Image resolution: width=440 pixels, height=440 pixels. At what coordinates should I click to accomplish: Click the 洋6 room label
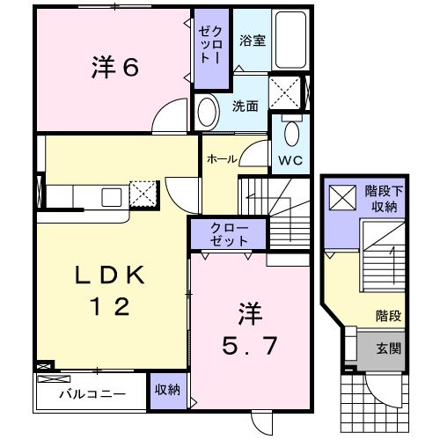click(x=115, y=69)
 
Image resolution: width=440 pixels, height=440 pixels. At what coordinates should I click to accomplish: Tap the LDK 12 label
click(x=111, y=291)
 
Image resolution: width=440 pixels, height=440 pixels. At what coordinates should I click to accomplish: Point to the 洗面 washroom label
click(x=246, y=106)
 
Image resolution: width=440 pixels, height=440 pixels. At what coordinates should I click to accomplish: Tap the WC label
click(x=291, y=161)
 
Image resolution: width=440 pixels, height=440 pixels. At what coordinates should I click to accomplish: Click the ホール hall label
click(x=221, y=159)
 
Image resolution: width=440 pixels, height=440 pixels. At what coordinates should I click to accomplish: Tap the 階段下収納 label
click(x=382, y=199)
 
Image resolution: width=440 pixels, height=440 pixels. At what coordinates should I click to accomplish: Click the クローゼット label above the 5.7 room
click(x=229, y=233)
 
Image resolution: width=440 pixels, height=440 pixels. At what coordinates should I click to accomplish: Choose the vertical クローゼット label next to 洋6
click(x=210, y=48)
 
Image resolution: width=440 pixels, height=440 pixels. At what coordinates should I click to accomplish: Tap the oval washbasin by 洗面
click(x=208, y=112)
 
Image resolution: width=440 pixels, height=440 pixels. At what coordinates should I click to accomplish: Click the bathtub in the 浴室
click(x=290, y=39)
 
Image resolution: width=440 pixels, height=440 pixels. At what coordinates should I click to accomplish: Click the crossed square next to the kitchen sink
click(x=142, y=193)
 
